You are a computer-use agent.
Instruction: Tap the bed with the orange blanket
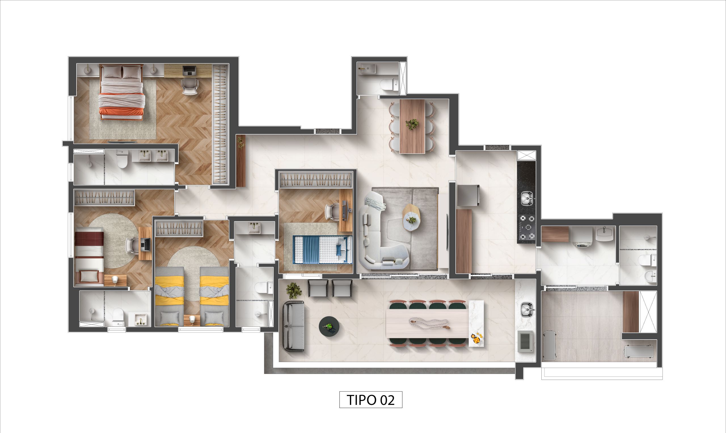coord(122,96)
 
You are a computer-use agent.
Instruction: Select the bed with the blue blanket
coord(322,250)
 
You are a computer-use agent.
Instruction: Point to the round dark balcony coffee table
coord(329,326)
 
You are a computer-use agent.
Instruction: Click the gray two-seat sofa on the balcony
coord(294,326)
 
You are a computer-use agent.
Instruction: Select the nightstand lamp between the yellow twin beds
coord(192,320)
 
